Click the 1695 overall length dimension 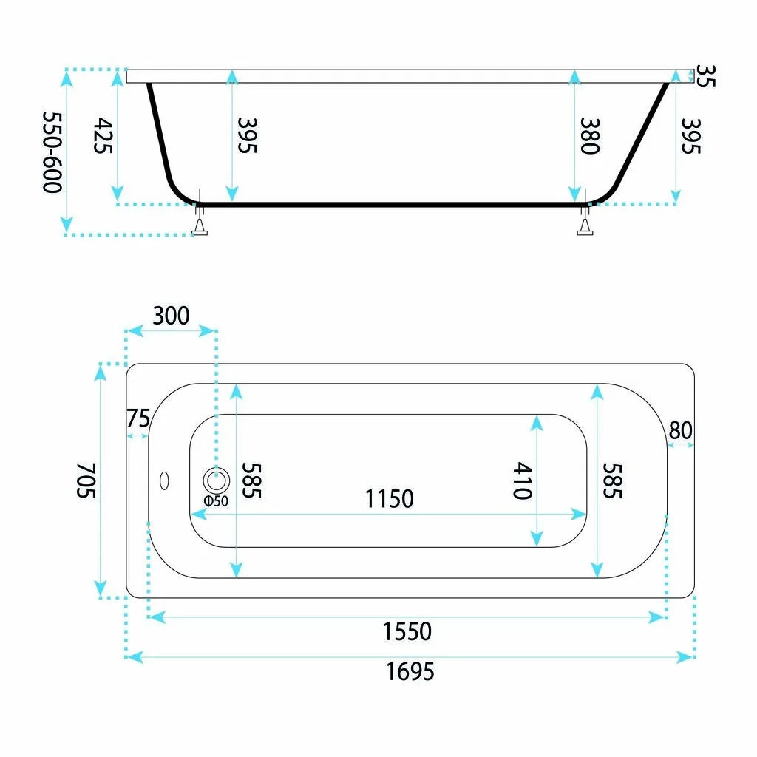click(x=410, y=671)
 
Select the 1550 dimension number click(x=407, y=631)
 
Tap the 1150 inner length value click(x=389, y=499)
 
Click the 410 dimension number click(x=523, y=481)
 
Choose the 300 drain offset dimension click(x=171, y=316)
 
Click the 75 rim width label click(x=138, y=418)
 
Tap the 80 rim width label click(x=681, y=430)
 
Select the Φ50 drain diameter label click(x=216, y=500)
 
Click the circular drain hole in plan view click(x=216, y=481)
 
